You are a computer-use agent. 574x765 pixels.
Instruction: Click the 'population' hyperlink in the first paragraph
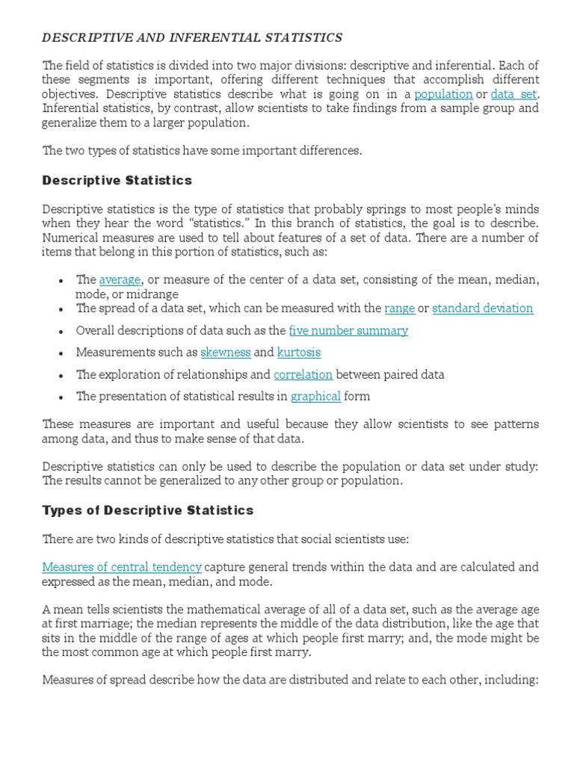coord(443,94)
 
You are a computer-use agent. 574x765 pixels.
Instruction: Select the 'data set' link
coord(513,94)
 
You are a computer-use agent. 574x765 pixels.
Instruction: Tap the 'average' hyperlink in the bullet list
coord(120,279)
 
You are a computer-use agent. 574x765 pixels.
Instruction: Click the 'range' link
coord(399,308)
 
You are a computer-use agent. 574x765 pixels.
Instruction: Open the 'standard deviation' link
coord(483,308)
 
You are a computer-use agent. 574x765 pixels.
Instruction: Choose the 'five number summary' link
coord(348,330)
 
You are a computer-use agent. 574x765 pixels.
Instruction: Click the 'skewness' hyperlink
coord(225,352)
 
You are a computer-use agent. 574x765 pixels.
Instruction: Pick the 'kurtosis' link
coord(299,352)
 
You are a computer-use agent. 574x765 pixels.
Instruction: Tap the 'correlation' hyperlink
coord(303,374)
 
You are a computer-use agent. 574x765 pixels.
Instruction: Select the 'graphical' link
coord(315,396)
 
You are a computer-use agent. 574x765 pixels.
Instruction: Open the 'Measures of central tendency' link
coord(122,568)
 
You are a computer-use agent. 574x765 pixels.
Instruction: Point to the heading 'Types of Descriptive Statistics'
coord(148,511)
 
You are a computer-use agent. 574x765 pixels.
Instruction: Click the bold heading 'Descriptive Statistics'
coord(117,180)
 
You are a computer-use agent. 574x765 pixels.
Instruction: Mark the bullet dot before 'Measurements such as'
coord(61,353)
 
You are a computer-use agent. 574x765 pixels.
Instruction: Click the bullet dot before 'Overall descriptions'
coord(61,331)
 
